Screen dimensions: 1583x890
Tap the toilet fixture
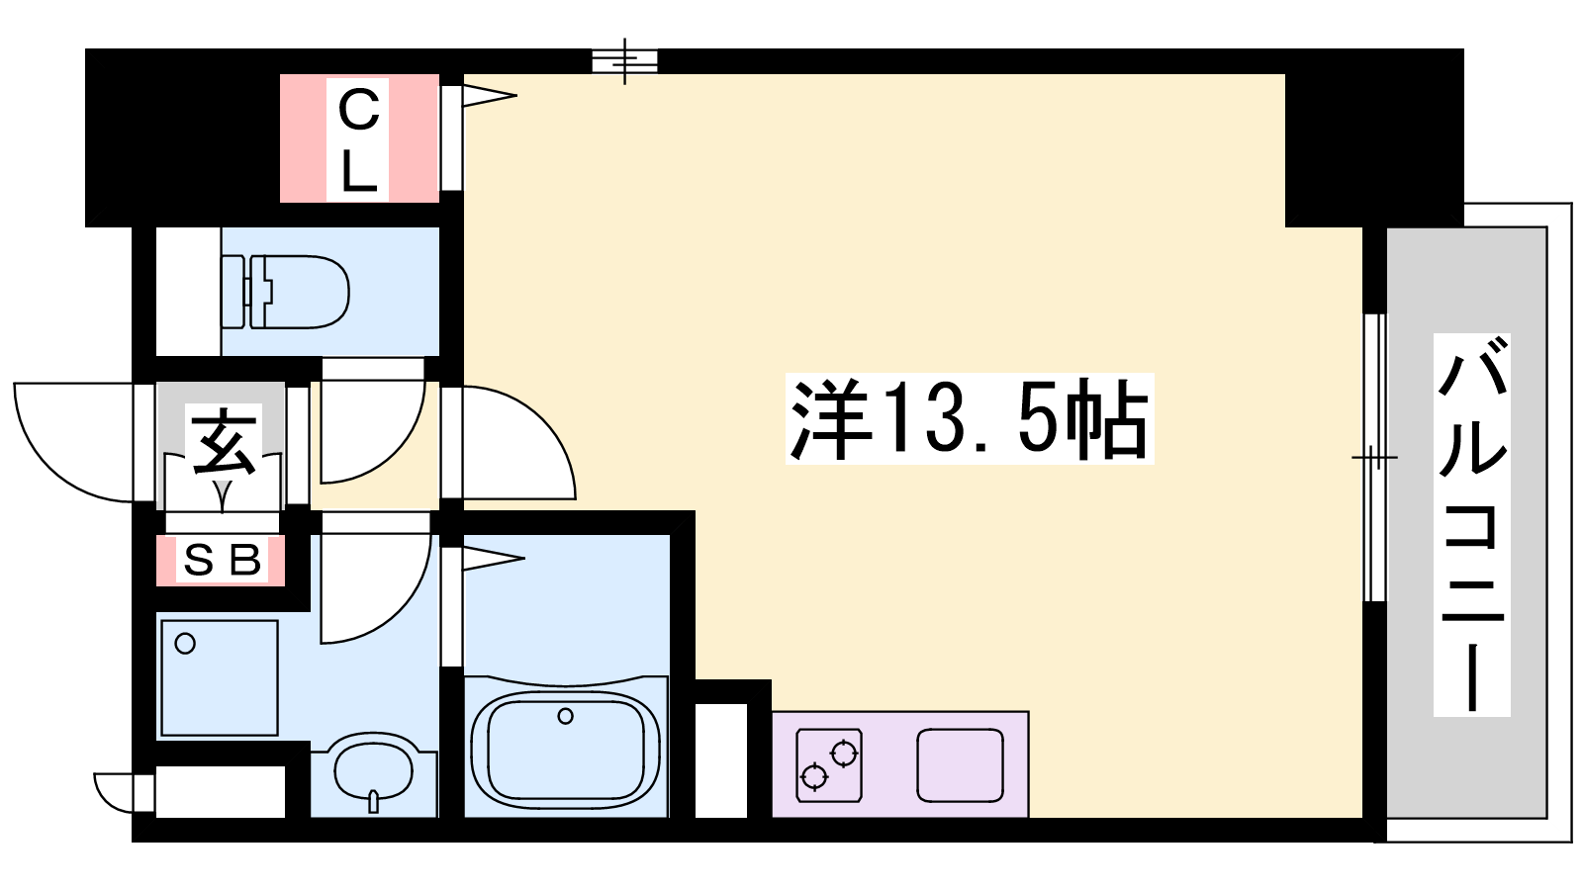[286, 292]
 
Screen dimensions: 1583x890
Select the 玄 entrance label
[224, 442]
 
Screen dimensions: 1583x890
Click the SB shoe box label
[222, 561]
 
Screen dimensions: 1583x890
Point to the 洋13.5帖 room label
[969, 419]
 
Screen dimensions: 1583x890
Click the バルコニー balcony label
[1472, 525]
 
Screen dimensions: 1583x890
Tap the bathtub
[565, 746]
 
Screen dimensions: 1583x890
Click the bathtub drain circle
[565, 716]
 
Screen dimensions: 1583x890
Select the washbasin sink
[374, 774]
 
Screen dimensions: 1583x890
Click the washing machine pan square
[219, 678]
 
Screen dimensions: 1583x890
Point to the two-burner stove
[830, 765]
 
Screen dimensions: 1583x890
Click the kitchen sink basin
[960, 765]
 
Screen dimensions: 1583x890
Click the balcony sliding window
[1374, 457]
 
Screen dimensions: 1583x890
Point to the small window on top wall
[624, 60]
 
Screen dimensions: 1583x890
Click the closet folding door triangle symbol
[489, 96]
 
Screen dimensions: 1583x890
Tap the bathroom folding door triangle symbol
[494, 559]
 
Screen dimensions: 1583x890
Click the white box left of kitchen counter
[721, 760]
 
